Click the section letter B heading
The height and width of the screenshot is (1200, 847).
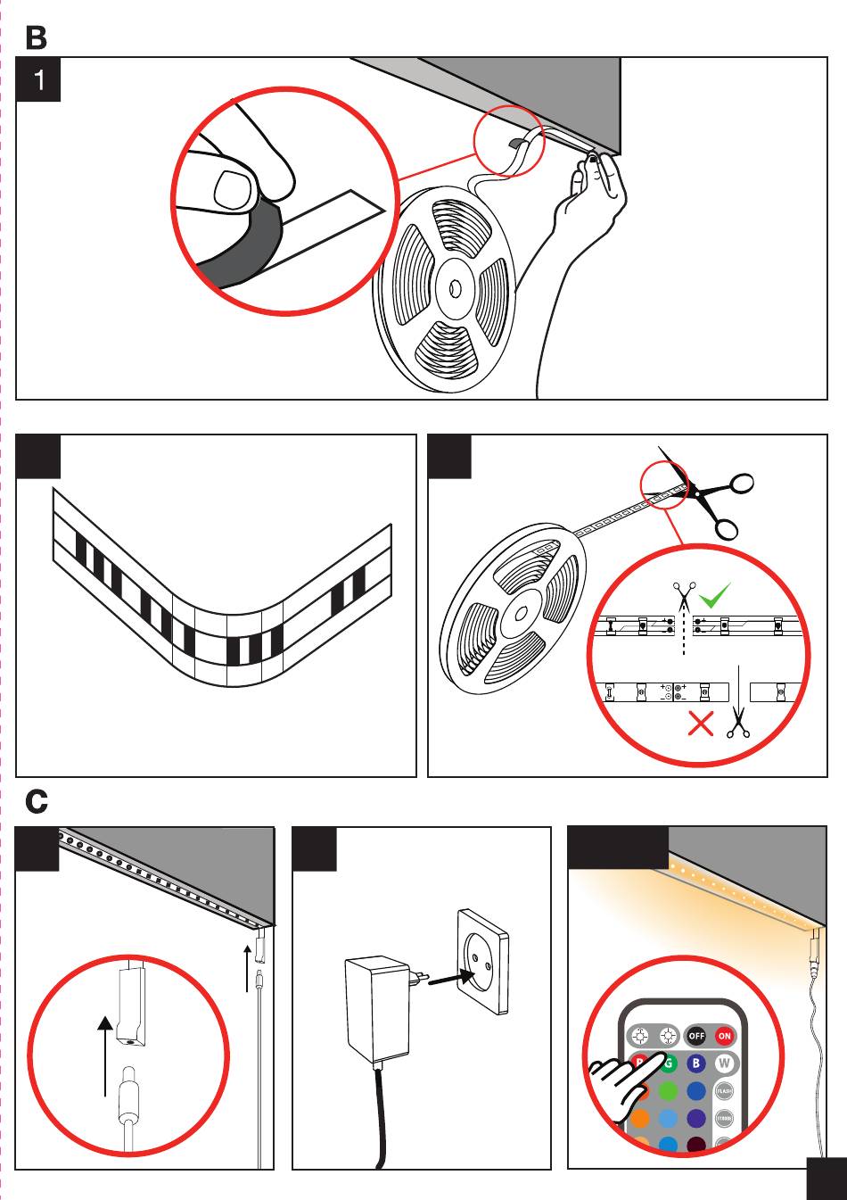37,37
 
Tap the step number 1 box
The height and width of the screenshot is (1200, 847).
38,80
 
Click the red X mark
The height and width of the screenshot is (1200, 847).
702,724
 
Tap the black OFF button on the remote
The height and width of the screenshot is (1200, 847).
695,1036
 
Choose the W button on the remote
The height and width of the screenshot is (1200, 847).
725,1063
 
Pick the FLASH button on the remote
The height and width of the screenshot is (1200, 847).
724,1090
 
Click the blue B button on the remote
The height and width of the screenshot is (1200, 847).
696,1063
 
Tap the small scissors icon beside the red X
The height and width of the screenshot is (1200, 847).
738,723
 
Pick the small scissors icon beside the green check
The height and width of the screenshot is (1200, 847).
684,594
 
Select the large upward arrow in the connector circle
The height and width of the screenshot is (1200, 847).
106,1053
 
